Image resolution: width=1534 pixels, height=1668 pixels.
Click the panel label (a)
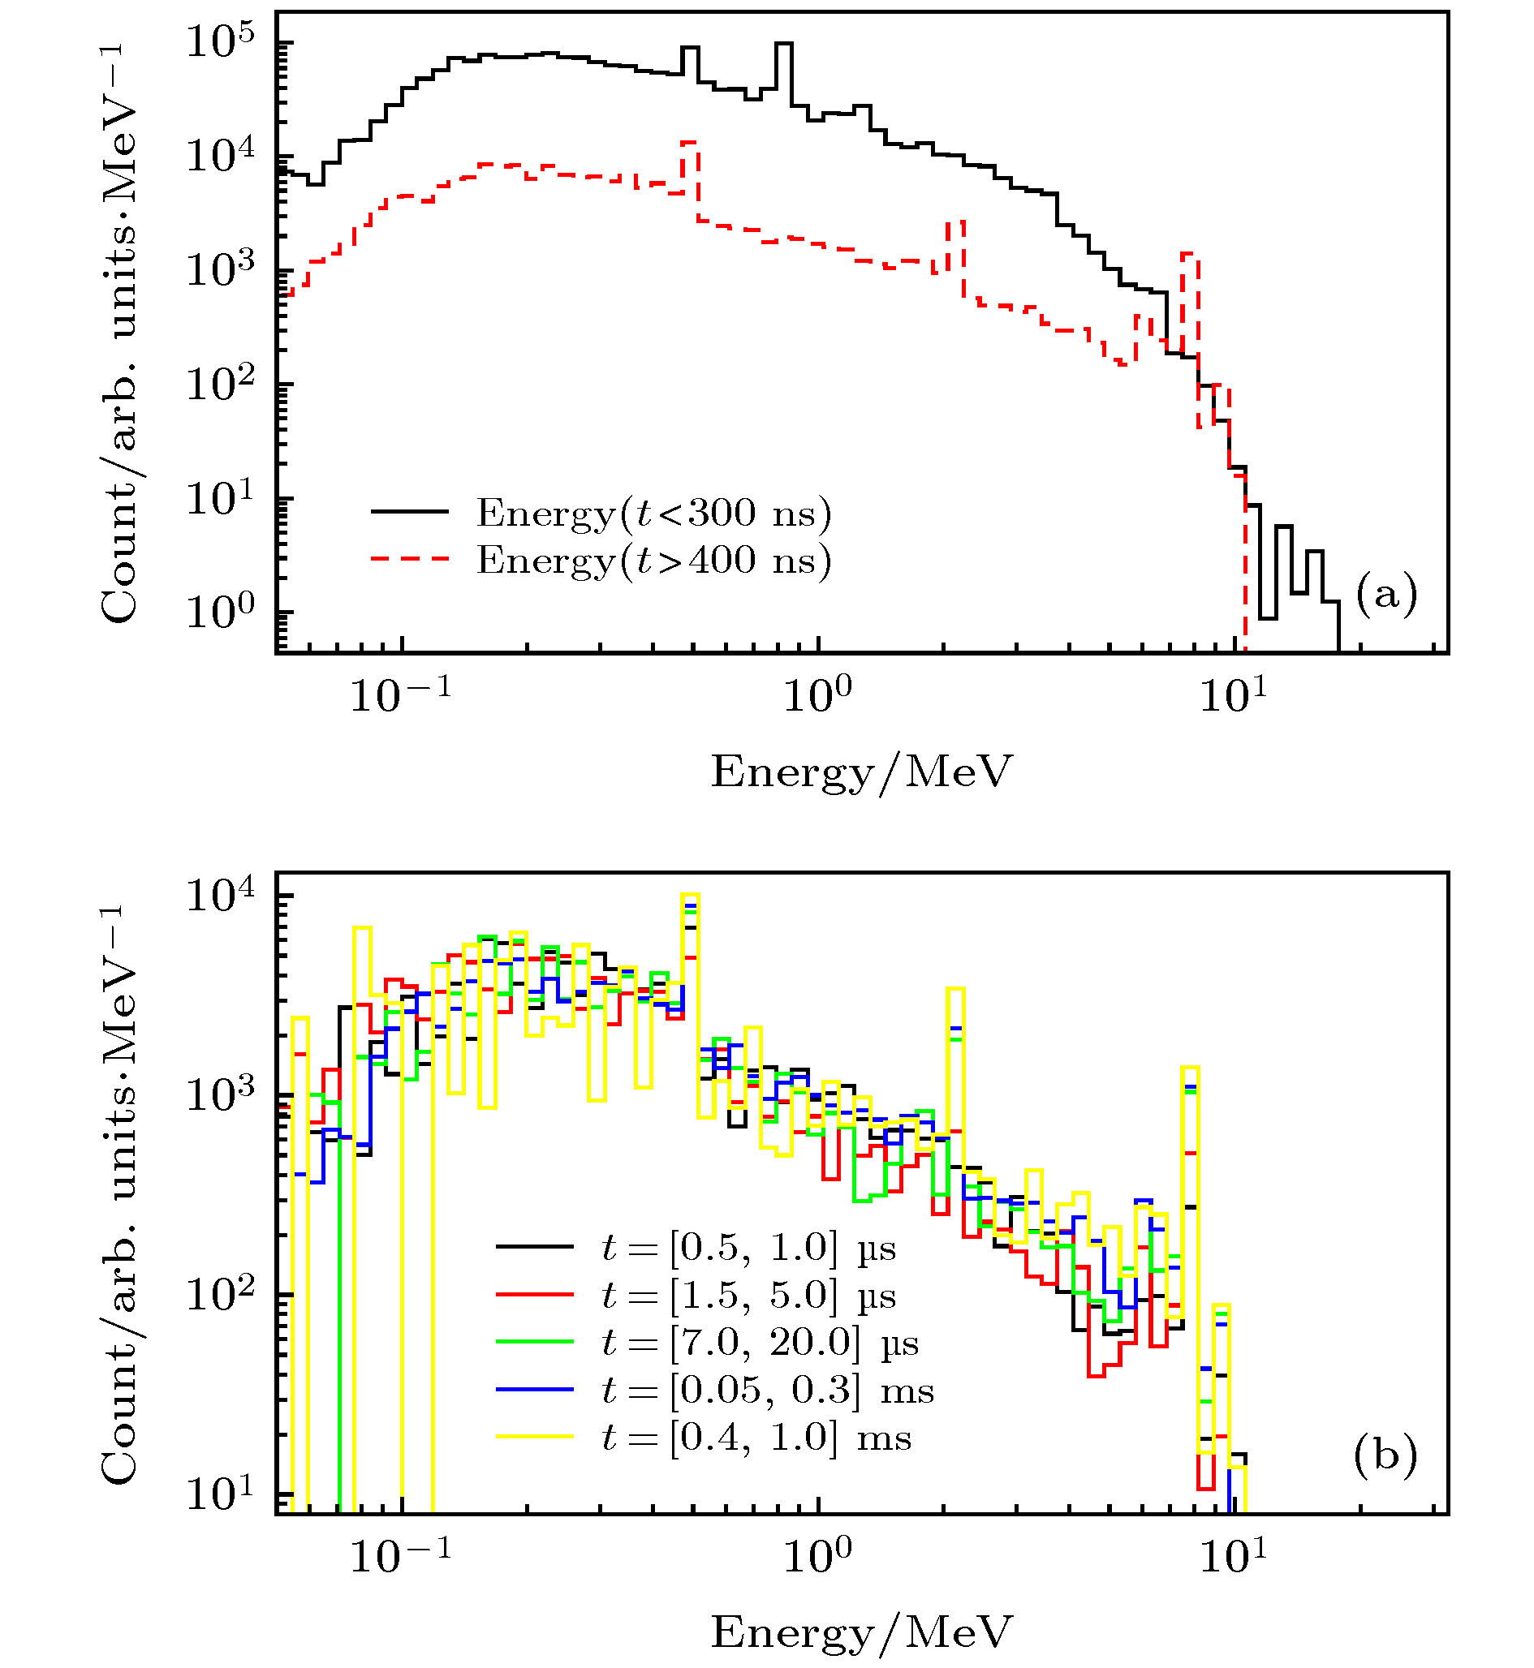click(1385, 594)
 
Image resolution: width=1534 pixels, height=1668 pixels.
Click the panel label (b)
click(1385, 1455)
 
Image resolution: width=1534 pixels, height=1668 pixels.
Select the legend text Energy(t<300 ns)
click(653, 514)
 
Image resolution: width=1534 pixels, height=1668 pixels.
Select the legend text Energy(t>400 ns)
click(653, 561)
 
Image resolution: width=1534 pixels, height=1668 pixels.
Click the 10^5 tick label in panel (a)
click(220, 41)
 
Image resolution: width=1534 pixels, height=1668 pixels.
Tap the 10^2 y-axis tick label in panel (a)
click(220, 385)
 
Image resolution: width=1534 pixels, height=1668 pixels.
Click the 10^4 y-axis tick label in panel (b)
click(220, 896)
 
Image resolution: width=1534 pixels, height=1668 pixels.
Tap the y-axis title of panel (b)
click(118, 1195)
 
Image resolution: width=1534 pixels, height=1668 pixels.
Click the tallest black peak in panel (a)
click(783, 45)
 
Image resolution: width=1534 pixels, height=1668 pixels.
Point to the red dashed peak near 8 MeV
click(1190, 254)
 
